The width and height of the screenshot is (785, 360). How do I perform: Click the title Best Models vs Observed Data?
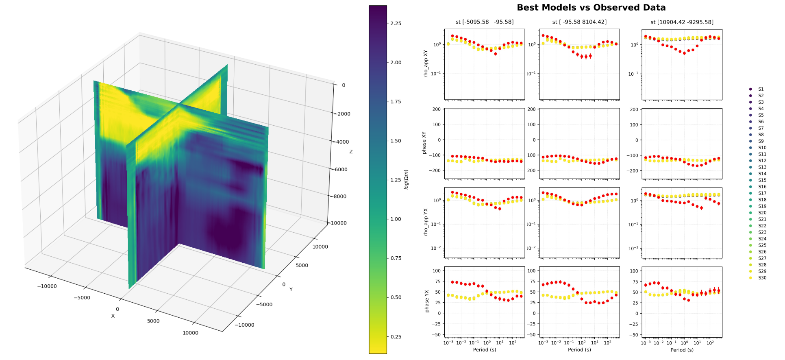pos(591,8)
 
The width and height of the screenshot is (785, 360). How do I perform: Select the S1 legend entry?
pos(761,89)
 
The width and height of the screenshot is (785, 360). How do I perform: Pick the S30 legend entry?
pos(762,278)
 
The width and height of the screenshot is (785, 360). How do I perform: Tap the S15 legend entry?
pos(762,180)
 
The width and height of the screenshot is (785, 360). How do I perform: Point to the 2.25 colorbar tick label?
pos(396,24)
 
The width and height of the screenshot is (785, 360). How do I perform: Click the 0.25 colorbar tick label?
pos(396,337)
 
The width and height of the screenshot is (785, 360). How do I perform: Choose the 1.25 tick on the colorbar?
pos(396,180)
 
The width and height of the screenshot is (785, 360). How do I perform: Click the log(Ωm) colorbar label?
pos(406,179)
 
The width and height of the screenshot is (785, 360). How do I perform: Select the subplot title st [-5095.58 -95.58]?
pos(484,22)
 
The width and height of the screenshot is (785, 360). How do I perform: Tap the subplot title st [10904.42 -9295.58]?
pos(682,22)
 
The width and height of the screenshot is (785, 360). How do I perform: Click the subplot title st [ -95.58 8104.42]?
pos(579,22)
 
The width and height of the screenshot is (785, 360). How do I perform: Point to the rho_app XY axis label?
pos(426,64)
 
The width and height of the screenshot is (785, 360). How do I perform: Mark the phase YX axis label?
pos(426,301)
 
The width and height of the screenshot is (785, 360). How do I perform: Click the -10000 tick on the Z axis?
pos(338,223)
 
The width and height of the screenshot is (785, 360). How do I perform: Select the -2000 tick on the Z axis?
pos(342,114)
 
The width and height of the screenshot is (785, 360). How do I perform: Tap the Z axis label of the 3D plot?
pos(351,152)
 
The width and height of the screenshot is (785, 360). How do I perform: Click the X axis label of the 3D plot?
pos(113,316)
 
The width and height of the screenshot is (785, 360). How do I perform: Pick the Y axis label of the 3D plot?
pos(291,290)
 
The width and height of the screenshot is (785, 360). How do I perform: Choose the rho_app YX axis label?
pos(426,222)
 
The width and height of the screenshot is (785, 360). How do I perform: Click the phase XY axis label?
pos(424,143)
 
